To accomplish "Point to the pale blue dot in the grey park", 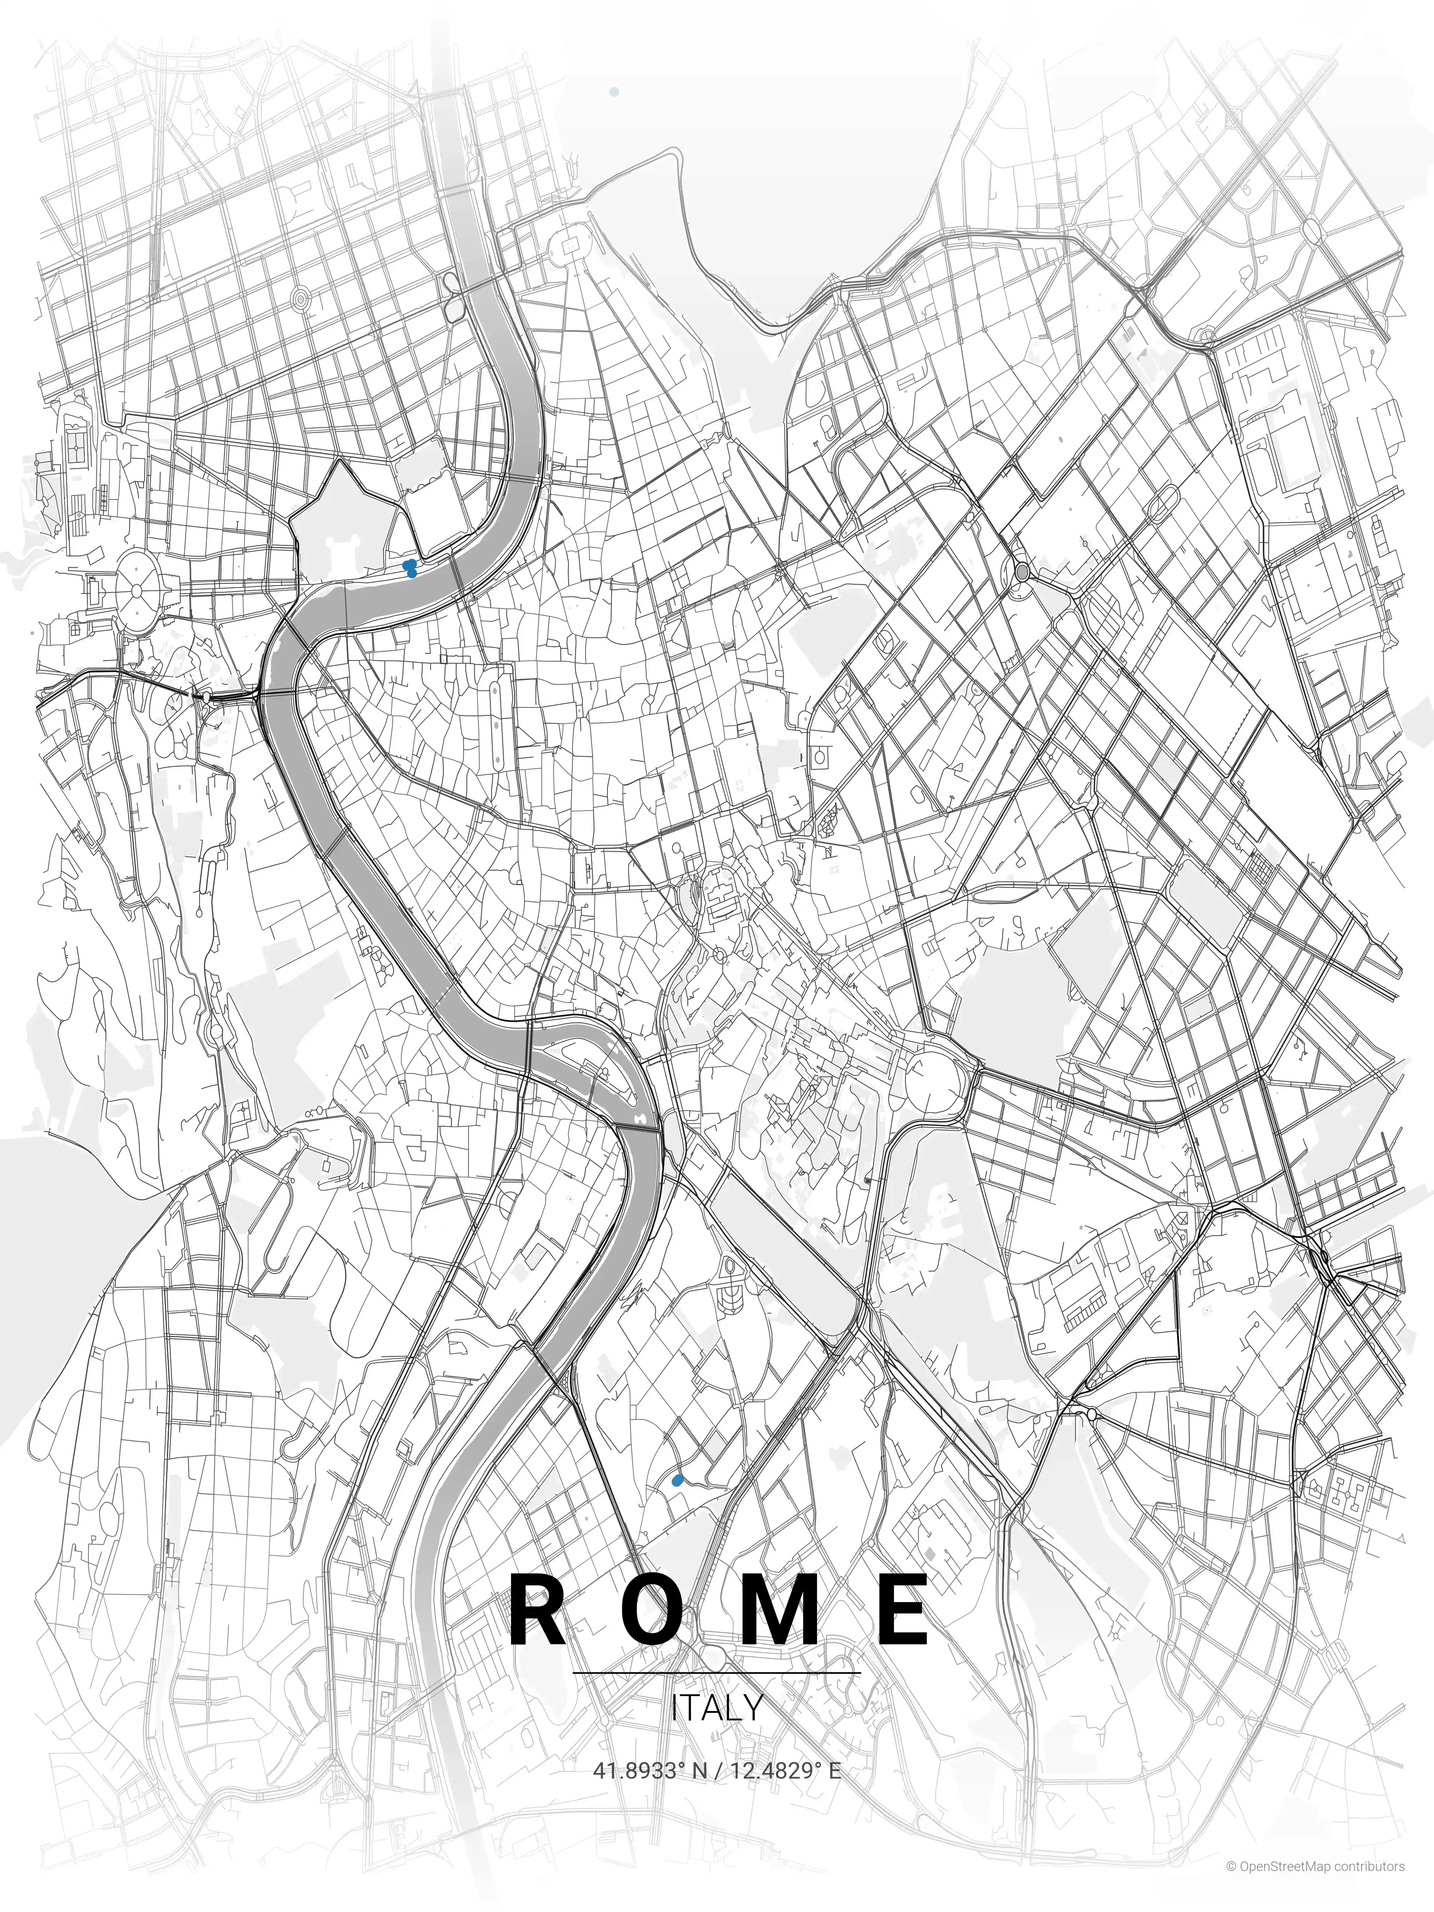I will click(x=614, y=91).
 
